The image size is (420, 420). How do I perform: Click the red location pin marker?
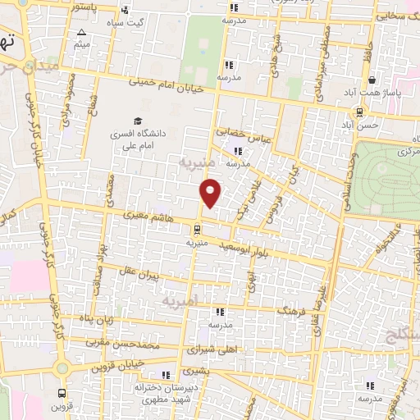pos(211,192)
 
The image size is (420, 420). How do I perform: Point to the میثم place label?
pos(81,43)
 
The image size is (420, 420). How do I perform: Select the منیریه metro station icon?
pos(197,229)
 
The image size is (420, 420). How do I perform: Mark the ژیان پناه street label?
pos(96,317)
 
